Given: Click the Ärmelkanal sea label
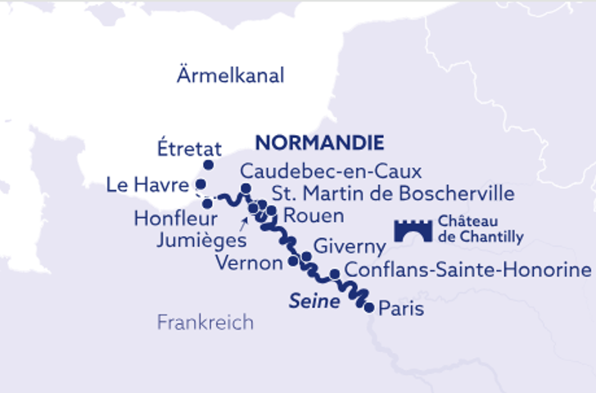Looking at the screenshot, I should [x=230, y=76].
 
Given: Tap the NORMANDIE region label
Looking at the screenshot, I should [x=320, y=142].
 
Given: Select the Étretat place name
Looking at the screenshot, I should [x=188, y=148].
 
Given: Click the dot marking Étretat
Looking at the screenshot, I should [x=208, y=165].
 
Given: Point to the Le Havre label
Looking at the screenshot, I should [x=147, y=186].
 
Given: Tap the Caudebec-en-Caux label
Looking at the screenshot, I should [x=331, y=172].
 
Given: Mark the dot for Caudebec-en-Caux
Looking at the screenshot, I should [x=245, y=190].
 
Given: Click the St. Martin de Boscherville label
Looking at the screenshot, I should [x=393, y=194].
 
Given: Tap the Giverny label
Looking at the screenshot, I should [x=350, y=247].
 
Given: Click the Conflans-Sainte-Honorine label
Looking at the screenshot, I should [x=467, y=269].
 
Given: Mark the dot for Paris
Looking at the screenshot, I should [x=369, y=308].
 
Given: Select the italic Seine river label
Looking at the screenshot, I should [x=314, y=301].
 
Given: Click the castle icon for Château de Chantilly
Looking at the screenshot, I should [x=413, y=230].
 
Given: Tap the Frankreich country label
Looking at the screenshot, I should [x=205, y=323].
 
